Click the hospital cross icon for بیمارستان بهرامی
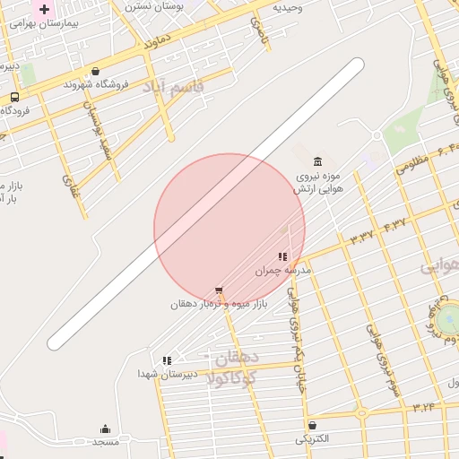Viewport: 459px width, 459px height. tap(44, 9)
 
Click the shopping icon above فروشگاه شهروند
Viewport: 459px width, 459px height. tap(95, 71)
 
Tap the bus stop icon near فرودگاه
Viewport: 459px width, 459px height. tap(14, 97)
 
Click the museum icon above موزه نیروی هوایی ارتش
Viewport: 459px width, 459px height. tap(319, 161)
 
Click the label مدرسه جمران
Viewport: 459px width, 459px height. tap(282, 270)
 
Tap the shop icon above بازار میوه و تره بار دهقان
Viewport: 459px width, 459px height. tap(219, 290)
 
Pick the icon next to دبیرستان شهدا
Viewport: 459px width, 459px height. tap(167, 359)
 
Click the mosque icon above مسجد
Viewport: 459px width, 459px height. tap(105, 429)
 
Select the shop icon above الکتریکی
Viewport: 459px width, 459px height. tap(311, 425)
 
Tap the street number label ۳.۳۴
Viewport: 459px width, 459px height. tap(423, 408)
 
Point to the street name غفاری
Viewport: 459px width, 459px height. tap(70, 186)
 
